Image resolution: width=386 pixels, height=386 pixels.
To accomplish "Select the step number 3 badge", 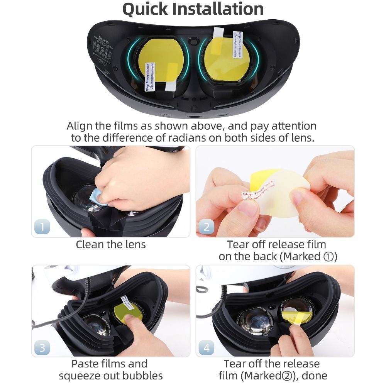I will (x=42, y=347).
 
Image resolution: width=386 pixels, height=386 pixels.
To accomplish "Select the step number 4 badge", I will (x=207, y=347).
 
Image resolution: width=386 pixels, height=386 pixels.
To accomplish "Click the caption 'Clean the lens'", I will (x=111, y=244).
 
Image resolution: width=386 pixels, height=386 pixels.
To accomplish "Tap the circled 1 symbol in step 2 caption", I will (x=327, y=257).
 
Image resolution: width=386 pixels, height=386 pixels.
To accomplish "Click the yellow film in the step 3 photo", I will (x=127, y=315).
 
